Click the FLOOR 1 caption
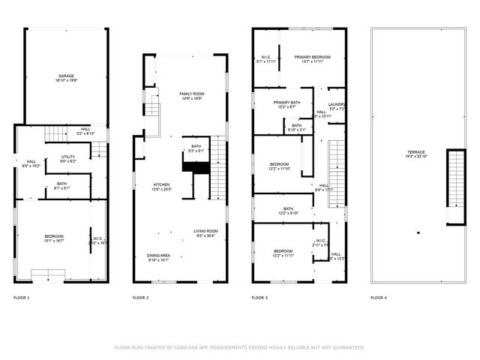[22, 298]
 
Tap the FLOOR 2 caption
[140, 298]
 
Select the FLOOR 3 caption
[259, 298]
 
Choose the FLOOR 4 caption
[379, 298]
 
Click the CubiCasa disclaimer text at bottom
[240, 347]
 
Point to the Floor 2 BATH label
[196, 148]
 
